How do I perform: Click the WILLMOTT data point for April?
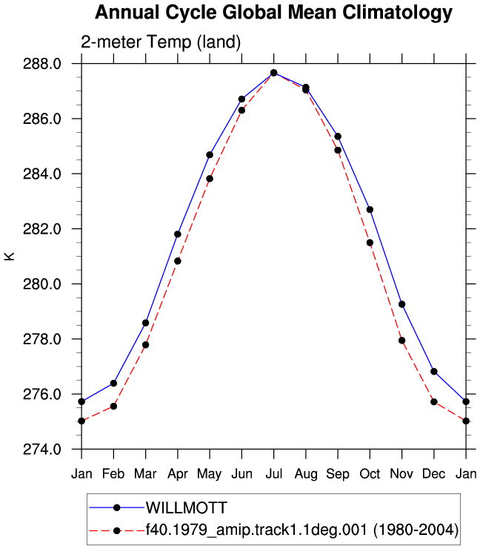click(x=178, y=234)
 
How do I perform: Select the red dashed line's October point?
click(x=370, y=243)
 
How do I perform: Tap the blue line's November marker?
click(x=402, y=304)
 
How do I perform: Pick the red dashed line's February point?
click(x=113, y=406)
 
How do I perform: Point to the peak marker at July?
click(x=274, y=73)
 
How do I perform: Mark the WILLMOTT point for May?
click(x=210, y=155)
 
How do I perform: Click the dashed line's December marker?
click(x=434, y=401)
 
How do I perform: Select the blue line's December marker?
click(x=434, y=372)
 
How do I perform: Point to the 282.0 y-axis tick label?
click(x=42, y=229)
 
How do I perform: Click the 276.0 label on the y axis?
click(x=42, y=394)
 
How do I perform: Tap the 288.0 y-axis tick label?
click(x=42, y=64)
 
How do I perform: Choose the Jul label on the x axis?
click(x=274, y=474)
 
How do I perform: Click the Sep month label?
click(x=338, y=474)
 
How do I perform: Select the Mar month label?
click(x=145, y=474)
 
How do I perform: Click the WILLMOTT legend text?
click(x=187, y=507)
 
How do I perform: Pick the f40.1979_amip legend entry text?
click(x=302, y=530)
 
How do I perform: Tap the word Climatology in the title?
click(x=398, y=13)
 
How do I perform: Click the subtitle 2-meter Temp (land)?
click(x=161, y=42)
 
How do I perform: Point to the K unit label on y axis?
click(x=9, y=256)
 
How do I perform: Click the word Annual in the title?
click(x=127, y=12)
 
